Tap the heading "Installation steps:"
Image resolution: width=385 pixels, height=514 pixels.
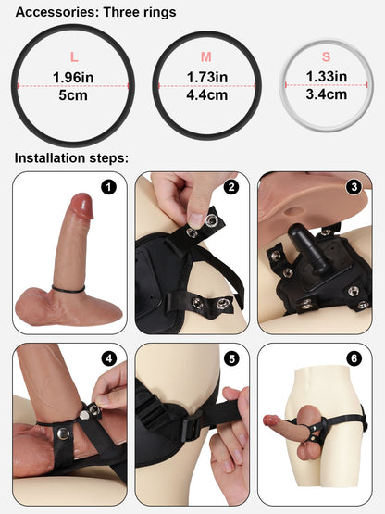tap(70, 158)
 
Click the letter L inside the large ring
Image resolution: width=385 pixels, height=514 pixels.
tap(73, 57)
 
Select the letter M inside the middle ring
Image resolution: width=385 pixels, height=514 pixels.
tap(206, 57)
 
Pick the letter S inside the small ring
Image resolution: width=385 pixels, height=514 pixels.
tap(327, 57)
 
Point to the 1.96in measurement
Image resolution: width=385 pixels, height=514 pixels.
tap(73, 77)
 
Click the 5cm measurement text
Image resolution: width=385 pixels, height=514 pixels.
tap(73, 94)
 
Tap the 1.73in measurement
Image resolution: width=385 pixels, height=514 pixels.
tap(206, 77)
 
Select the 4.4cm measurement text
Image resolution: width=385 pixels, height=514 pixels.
tap(206, 94)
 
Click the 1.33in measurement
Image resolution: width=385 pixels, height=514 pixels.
tap(327, 77)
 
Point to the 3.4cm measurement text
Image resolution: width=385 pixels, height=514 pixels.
tap(327, 94)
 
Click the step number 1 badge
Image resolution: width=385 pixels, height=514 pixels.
tap(109, 187)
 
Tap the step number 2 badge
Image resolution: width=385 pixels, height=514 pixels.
tap(231, 187)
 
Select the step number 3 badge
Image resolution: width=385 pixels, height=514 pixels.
tap(354, 187)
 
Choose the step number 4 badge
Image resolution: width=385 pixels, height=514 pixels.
tap(109, 359)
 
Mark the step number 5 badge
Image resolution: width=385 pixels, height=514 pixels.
tap(231, 359)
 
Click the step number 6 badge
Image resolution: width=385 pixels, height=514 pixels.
tap(354, 359)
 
